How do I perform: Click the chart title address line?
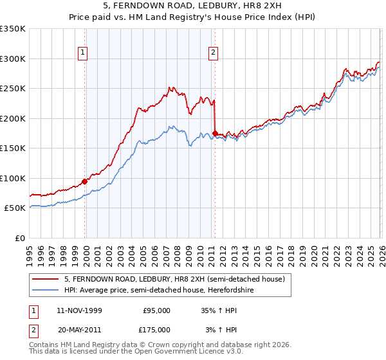click(x=192, y=6)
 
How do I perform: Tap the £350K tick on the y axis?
click(x=13, y=29)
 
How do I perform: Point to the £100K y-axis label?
click(x=13, y=178)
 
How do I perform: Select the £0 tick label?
click(x=21, y=238)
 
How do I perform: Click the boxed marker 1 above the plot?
click(x=84, y=53)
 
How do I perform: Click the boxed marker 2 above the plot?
click(x=213, y=53)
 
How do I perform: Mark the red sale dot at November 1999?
click(x=85, y=181)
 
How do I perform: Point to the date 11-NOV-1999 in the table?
click(x=80, y=310)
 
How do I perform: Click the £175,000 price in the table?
click(x=156, y=330)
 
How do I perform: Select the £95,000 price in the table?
click(x=156, y=310)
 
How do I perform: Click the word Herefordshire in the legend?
click(x=244, y=291)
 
